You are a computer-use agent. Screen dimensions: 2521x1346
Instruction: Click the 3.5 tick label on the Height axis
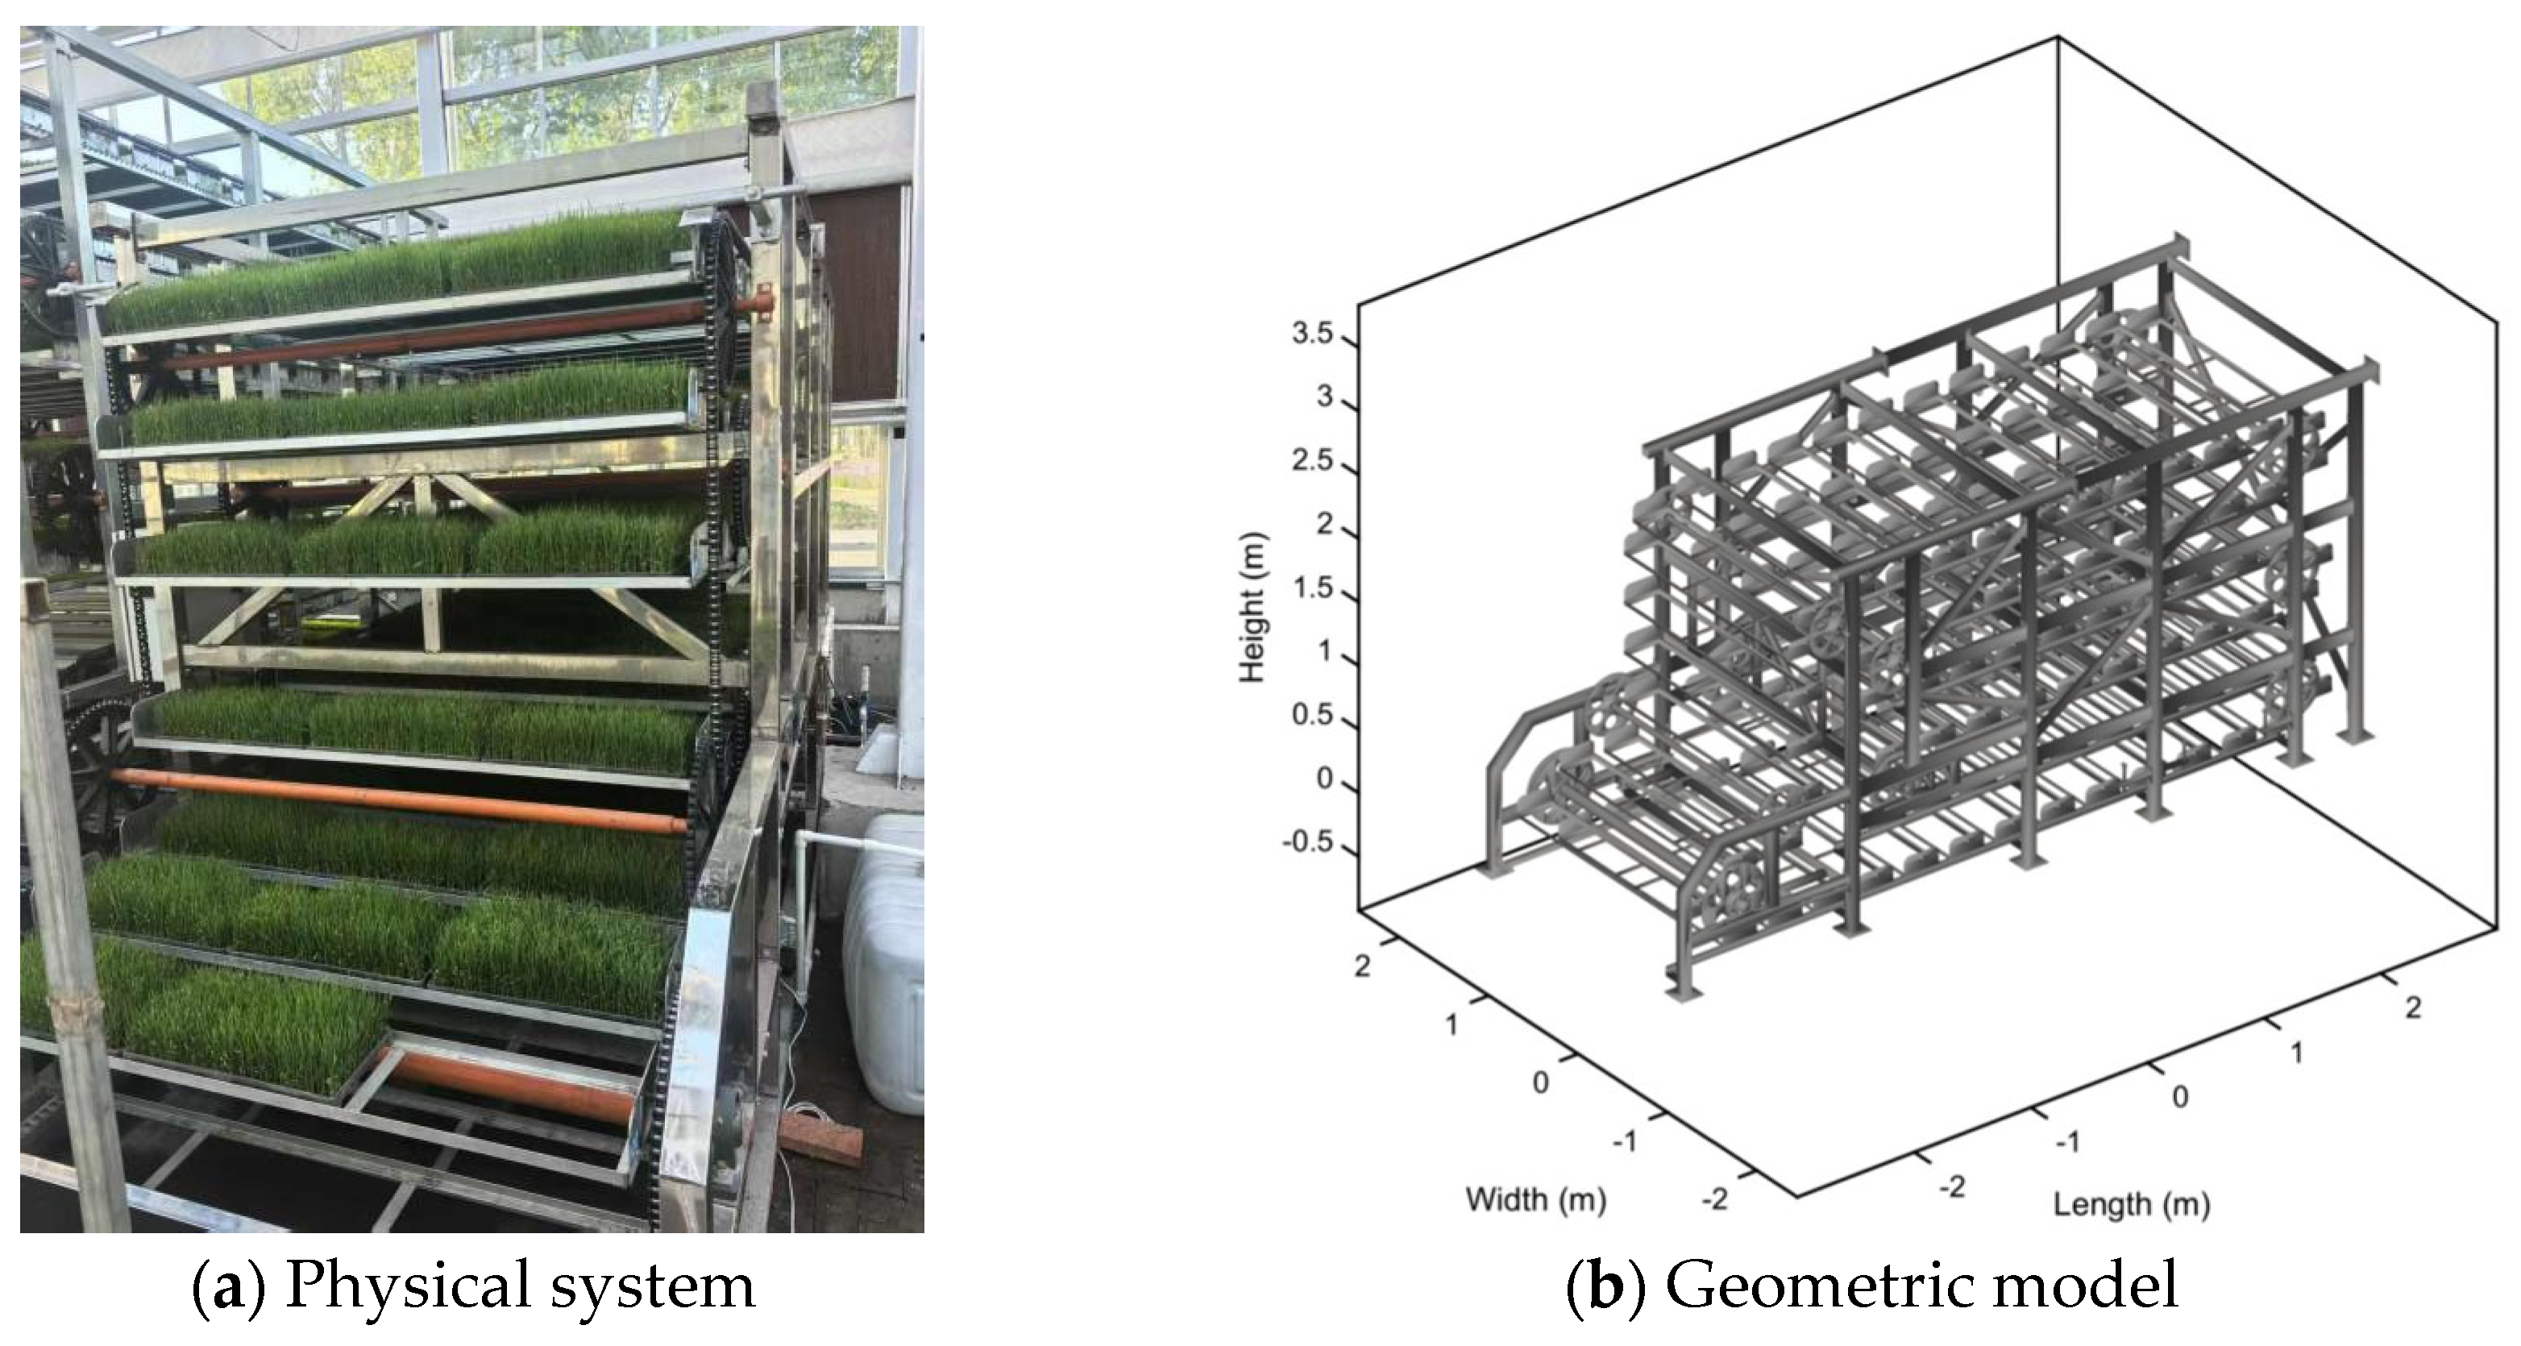pyautogui.click(x=1311, y=334)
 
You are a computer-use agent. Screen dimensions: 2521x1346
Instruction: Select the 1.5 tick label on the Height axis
pyautogui.click(x=1311, y=588)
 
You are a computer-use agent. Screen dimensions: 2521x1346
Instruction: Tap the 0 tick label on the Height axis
pyautogui.click(x=1325, y=779)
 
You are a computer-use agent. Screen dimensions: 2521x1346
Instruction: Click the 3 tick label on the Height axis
pyautogui.click(x=1325, y=397)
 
